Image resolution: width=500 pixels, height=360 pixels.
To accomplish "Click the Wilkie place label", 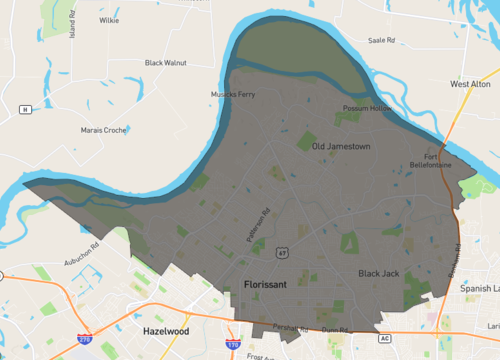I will [x=109, y=20].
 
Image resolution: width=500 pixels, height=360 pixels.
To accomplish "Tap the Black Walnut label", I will [x=166, y=63].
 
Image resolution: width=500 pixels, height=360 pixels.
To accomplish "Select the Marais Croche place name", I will [x=103, y=130].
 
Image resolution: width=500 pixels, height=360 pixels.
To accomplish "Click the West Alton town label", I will [x=470, y=85].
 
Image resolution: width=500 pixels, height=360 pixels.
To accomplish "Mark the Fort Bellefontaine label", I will [x=438, y=160].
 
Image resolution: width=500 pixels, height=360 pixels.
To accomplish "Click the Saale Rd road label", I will [x=382, y=41].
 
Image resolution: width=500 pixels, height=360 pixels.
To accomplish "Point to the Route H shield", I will [x=25, y=109].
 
